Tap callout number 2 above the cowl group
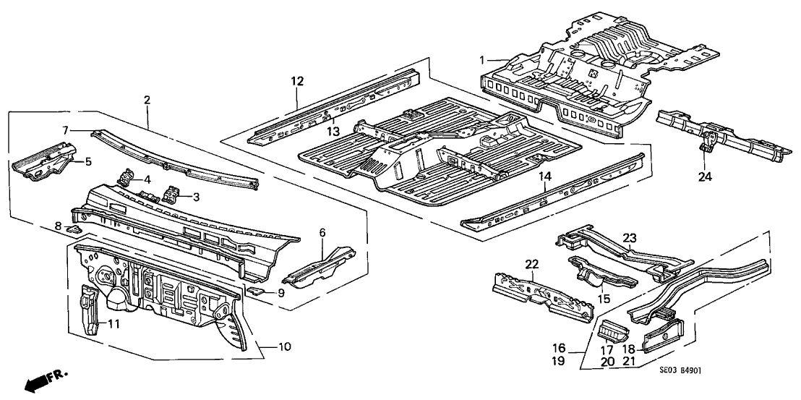[147, 101]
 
